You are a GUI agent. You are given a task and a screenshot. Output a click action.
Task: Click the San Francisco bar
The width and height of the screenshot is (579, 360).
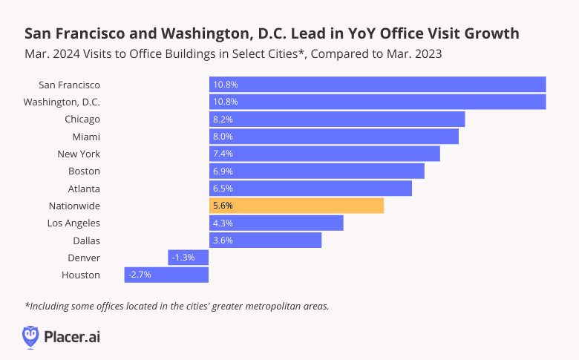(377, 85)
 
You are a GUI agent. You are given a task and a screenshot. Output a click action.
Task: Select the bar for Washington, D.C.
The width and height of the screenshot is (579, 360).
(377, 102)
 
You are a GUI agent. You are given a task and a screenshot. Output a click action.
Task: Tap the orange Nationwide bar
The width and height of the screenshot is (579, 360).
(296, 206)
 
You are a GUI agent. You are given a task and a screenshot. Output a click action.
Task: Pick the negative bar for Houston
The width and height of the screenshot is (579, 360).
(166, 275)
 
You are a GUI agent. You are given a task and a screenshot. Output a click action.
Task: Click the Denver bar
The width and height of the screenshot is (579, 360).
(189, 258)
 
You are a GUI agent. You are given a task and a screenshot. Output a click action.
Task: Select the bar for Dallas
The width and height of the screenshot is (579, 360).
(265, 240)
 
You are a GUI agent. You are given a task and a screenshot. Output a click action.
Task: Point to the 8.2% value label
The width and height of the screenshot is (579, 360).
(223, 120)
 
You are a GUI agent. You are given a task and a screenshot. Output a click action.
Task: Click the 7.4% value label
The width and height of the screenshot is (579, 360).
(223, 154)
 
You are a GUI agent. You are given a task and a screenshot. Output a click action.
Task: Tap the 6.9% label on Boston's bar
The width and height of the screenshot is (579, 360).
(223, 171)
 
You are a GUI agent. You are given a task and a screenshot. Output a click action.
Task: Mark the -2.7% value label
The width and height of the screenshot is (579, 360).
(140, 275)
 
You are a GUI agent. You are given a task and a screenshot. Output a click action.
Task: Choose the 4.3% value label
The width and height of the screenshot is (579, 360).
(223, 223)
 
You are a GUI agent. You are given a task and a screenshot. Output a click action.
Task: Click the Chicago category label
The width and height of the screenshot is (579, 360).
(82, 120)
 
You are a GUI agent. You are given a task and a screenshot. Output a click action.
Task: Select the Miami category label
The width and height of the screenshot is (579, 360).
(86, 137)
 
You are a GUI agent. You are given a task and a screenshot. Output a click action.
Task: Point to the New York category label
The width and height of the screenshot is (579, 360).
(79, 154)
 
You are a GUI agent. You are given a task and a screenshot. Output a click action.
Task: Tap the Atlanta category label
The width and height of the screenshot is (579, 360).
(83, 189)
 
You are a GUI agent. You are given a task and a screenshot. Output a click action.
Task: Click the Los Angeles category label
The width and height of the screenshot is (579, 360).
(73, 223)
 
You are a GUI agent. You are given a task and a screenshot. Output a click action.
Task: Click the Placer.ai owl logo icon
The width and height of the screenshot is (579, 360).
(31, 336)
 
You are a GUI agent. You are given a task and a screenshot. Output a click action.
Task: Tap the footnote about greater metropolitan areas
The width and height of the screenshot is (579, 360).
(177, 306)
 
